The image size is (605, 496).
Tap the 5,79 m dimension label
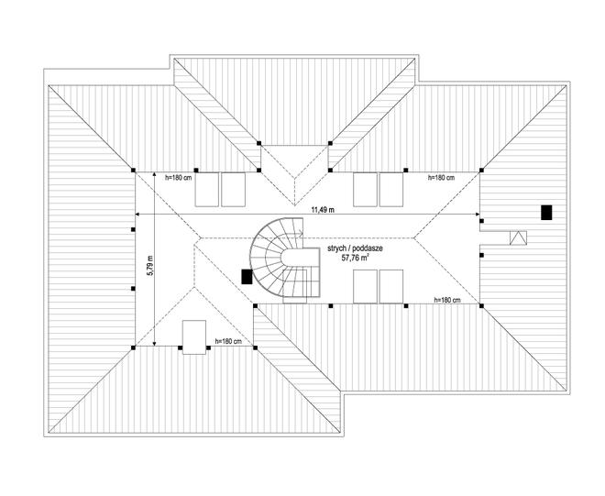coord(150,266)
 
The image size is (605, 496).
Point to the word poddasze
coord(368,249)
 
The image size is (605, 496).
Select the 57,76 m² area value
coord(354,258)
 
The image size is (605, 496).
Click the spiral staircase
coord(285,261)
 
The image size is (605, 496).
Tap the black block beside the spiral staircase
coord(247,277)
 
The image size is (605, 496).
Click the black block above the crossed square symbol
coord(546,213)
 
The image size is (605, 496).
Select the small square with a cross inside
coord(518,237)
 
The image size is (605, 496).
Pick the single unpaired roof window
coord(194,337)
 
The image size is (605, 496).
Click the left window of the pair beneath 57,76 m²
coord(365,286)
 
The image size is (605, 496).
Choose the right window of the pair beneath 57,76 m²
coord(391,286)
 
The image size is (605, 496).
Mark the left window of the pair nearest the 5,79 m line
coord(207,190)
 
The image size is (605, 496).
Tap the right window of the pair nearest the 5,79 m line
coord(233,190)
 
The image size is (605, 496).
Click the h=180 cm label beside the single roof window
coord(228,341)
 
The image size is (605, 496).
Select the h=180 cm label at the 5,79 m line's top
coord(178,178)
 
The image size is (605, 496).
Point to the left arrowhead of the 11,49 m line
coord(137,215)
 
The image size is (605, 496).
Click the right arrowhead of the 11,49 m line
coord(478,215)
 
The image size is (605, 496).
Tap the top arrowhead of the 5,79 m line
coord(154,174)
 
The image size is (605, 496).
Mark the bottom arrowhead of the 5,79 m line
coord(154,344)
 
